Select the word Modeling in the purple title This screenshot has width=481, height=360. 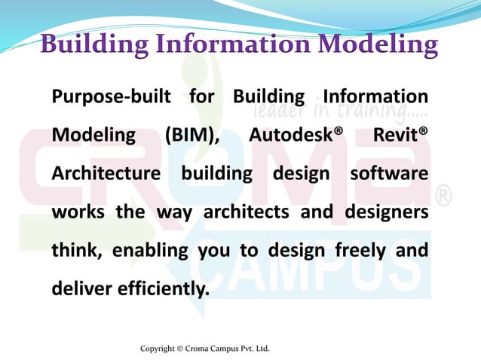(x=376, y=44)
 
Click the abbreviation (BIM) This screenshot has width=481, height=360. (x=191, y=136)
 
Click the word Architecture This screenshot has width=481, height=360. (x=106, y=173)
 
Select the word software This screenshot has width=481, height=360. (x=390, y=173)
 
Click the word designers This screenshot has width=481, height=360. (x=387, y=212)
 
